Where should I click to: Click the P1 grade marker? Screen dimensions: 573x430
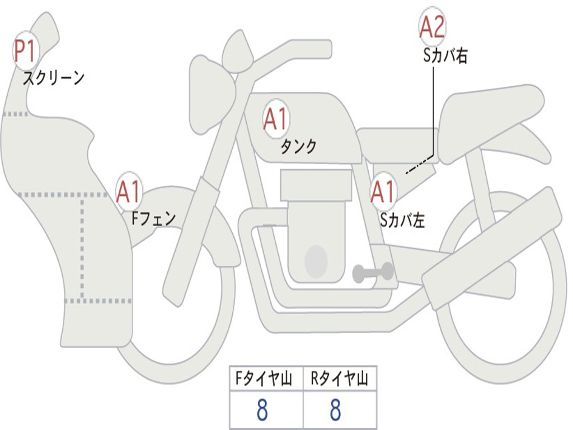[24, 52]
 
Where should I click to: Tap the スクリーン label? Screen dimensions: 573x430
[53, 78]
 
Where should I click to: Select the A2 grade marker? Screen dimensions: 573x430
[432, 27]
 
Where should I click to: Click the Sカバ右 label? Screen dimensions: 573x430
[445, 56]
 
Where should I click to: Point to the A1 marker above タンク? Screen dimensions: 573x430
[275, 119]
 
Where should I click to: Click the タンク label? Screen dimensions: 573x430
[298, 147]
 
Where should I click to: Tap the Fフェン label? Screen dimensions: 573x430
[153, 218]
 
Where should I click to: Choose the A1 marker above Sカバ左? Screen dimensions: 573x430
[383, 192]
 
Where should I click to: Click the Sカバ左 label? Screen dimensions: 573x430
[402, 221]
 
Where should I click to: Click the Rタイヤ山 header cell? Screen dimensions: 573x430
[339, 380]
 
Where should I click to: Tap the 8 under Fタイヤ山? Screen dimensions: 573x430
[262, 410]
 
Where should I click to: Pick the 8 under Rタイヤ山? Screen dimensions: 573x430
[335, 410]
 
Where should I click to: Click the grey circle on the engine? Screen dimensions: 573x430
[316, 261]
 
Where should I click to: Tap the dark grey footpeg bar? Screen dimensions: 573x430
[373, 273]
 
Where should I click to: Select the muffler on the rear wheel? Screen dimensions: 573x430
[492, 241]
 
